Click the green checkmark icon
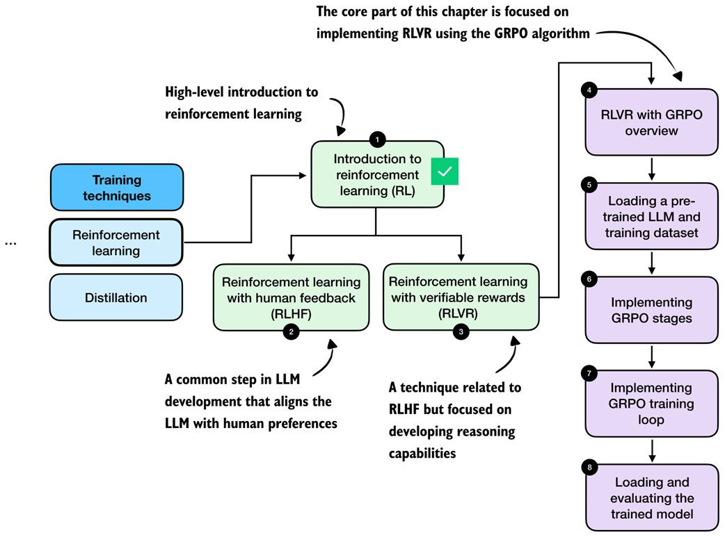(x=445, y=171)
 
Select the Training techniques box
(x=117, y=188)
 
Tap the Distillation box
(x=116, y=298)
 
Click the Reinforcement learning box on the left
(x=116, y=242)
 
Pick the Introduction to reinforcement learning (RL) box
(x=376, y=174)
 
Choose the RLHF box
(x=291, y=297)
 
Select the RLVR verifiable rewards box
(x=460, y=297)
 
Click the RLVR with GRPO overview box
(x=651, y=122)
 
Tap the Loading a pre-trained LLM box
(x=651, y=216)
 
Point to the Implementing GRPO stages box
(x=651, y=310)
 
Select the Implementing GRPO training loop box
(x=651, y=404)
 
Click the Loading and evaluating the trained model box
(x=651, y=498)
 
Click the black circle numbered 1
(x=377, y=140)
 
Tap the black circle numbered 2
(x=292, y=332)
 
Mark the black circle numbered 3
(x=461, y=332)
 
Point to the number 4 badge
(x=589, y=90)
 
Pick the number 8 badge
(x=589, y=467)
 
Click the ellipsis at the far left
(x=10, y=243)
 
